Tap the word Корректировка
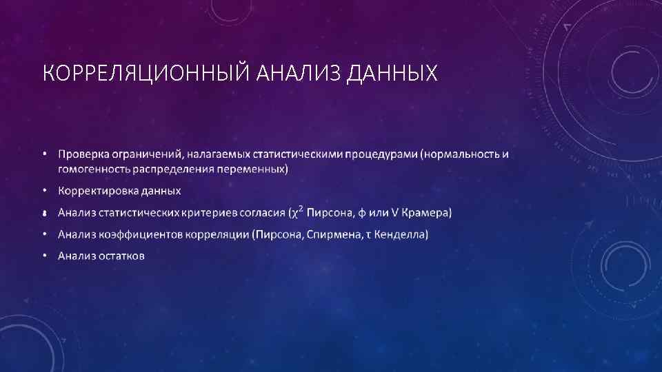tap(96, 190)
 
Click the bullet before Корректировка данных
tap(44, 190)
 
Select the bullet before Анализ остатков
tap(44, 256)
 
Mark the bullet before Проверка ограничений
tap(44, 154)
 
